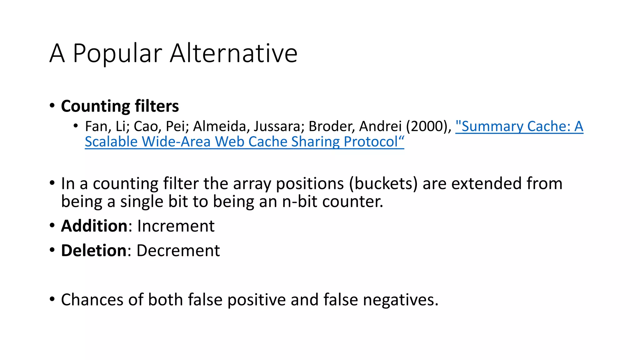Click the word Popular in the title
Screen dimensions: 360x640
117,54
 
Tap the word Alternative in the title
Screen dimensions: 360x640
233,53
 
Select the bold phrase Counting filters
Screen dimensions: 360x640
120,106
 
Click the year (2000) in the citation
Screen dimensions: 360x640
428,127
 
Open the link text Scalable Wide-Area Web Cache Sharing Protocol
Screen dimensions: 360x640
244,142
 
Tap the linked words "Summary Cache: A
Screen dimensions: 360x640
519,127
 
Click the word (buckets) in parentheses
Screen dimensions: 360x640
383,183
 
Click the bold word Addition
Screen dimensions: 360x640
94,226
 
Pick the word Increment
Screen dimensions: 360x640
176,226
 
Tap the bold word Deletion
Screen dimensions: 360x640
93,251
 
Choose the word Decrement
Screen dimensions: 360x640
178,251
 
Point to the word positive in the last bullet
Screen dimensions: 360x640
256,300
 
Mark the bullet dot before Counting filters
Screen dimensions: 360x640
52,105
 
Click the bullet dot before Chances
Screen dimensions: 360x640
52,299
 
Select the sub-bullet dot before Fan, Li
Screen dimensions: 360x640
76,126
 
